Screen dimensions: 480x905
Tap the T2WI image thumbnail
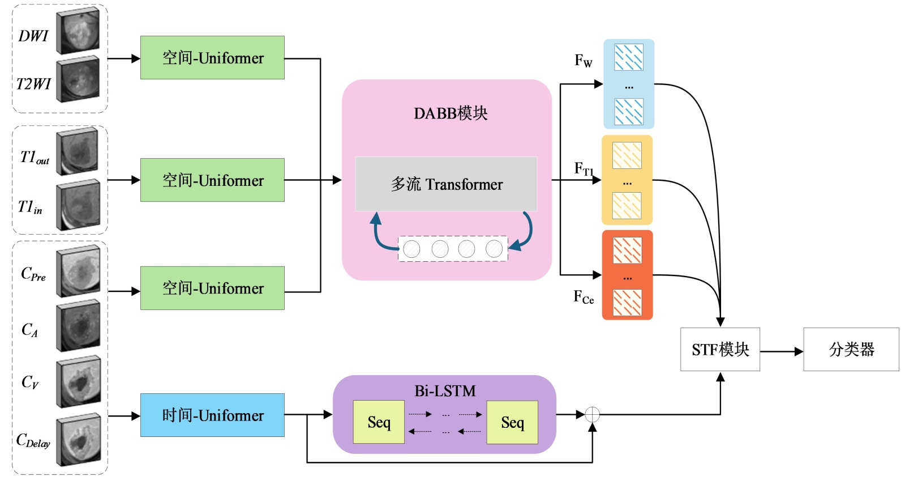[x=78, y=79]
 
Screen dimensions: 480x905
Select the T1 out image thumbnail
[x=78, y=151]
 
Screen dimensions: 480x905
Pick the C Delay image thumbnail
[x=79, y=440]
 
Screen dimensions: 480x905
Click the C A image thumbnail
[x=79, y=326]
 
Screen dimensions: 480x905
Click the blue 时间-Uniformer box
[x=212, y=415]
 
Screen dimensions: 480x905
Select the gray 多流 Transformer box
[x=446, y=184]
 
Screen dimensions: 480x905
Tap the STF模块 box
[x=720, y=350]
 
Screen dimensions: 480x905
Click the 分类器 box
[x=851, y=350]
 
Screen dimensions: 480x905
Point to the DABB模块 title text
[x=451, y=113]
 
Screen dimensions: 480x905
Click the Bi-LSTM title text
[x=445, y=391]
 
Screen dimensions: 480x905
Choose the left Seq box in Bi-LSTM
[x=379, y=422]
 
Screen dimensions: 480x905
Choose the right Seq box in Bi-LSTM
[x=512, y=422]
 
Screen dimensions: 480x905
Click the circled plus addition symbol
[x=592, y=415]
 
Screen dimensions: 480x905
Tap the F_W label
[x=583, y=61]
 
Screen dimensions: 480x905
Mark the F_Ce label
[x=584, y=297]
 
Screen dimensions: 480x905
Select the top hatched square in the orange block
[x=627, y=250]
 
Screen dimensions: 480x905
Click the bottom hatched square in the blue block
[x=629, y=112]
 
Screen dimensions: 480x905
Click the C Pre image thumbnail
[x=79, y=271]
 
